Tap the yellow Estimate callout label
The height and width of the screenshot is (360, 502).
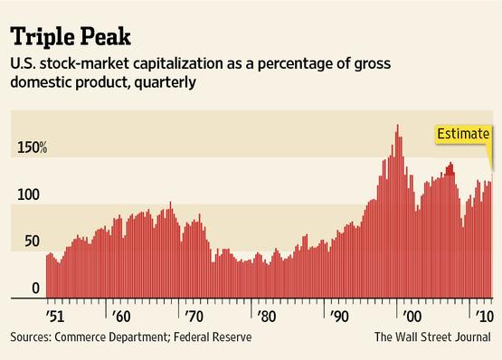point(461,135)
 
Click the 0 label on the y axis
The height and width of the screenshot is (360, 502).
point(36,289)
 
